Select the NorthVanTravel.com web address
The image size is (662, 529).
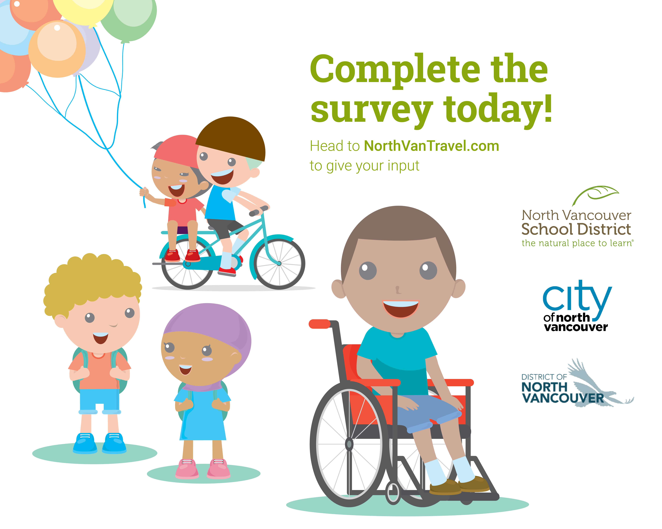pos(431,146)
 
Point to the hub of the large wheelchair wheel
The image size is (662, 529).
pos(349,444)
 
